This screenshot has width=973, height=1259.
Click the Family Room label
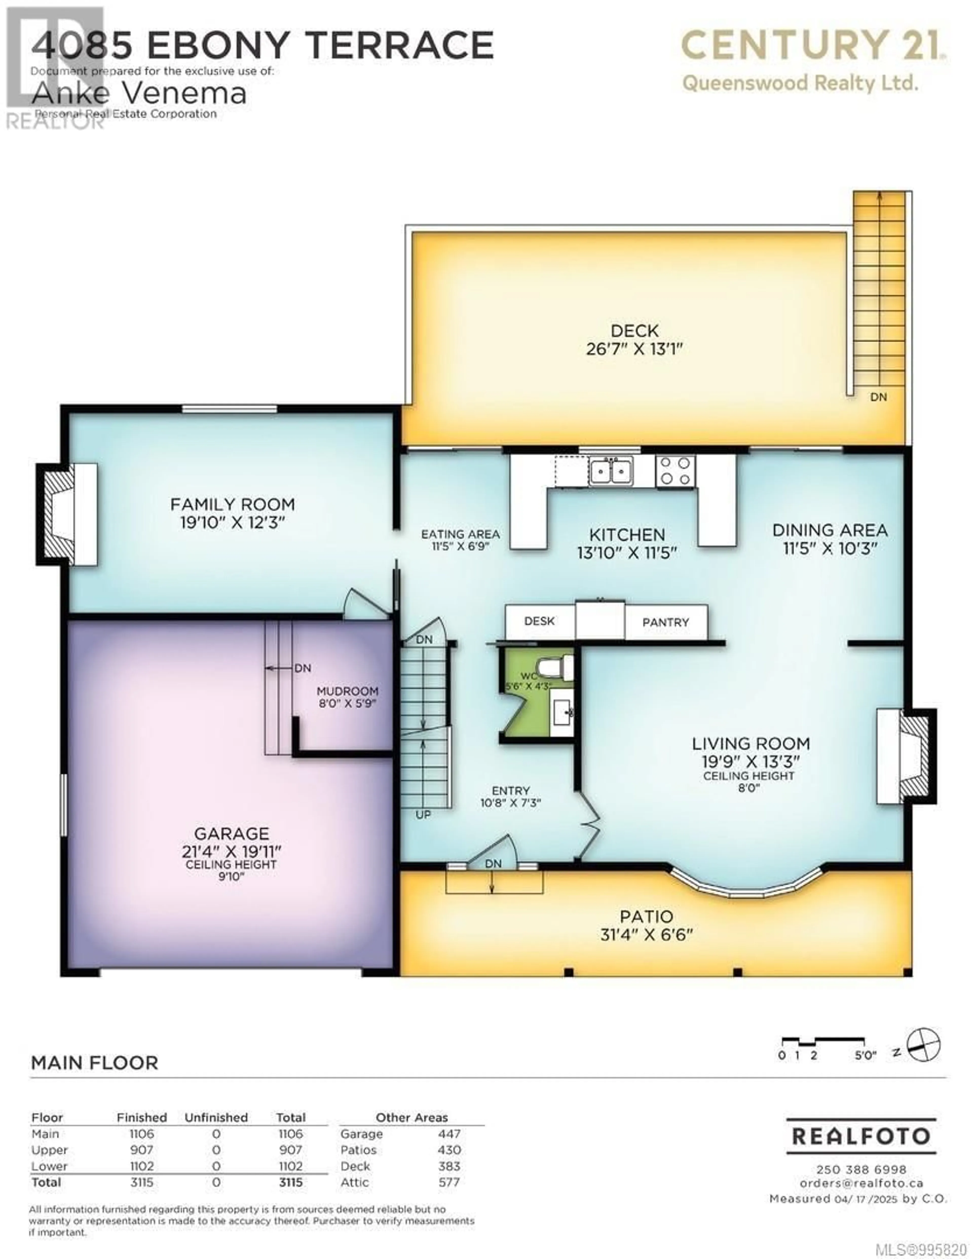[232, 504]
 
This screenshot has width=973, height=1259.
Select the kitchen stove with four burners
[675, 471]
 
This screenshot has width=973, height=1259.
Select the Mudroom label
[348, 691]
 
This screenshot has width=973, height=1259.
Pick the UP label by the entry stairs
[423, 815]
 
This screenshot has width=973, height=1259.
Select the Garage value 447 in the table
[449, 1134]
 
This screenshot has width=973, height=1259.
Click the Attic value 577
[449, 1182]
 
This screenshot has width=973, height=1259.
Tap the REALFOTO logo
[861, 1136]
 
